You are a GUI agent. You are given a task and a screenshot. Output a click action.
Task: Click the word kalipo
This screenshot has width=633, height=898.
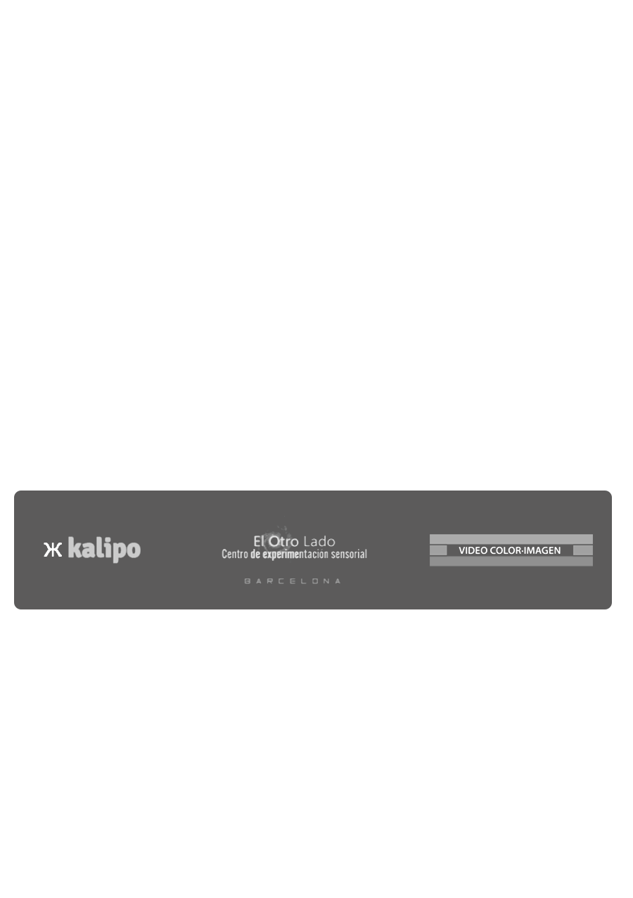coord(104,549)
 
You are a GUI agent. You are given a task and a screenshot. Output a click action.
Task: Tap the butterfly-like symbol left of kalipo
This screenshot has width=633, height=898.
coord(53,550)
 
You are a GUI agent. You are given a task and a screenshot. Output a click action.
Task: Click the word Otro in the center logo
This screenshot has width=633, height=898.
coord(283,542)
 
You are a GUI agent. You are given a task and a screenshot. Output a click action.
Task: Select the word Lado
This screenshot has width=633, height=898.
coord(319,542)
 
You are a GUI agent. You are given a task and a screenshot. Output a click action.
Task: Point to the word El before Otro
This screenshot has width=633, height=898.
coord(259,542)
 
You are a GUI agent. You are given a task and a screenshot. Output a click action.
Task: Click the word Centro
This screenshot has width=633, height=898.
coord(235,554)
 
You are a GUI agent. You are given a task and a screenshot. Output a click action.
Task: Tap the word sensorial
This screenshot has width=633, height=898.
coord(349,554)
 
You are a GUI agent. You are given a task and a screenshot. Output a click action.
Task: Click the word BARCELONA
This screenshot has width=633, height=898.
coord(293,581)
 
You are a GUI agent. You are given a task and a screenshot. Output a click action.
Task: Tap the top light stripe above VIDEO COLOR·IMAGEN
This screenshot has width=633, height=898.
coord(511,539)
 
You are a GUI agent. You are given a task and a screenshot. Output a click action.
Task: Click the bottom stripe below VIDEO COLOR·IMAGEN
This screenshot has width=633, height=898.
coord(511,562)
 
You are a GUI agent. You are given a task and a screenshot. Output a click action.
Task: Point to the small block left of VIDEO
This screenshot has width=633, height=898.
coord(438,550)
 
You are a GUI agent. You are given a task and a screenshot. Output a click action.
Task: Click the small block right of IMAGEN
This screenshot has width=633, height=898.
coord(583,550)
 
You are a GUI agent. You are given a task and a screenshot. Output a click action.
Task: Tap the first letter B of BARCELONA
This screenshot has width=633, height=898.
coord(247,581)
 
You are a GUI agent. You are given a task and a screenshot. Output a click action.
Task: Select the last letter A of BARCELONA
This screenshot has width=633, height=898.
coord(338,581)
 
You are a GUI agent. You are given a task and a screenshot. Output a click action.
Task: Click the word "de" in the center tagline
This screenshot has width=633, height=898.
coord(255,554)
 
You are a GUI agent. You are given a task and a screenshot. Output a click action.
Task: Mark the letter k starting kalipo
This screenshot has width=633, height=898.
coord(74,548)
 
